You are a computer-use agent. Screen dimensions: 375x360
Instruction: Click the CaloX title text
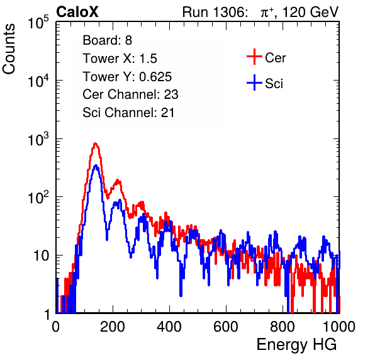coord(77,12)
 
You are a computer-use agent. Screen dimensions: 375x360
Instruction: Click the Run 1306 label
coord(215,12)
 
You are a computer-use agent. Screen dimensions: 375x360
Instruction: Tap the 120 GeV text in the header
coord(310,12)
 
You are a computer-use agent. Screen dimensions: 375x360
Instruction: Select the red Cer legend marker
coord(254,57)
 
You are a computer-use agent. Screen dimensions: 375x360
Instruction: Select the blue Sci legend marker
coord(254,82)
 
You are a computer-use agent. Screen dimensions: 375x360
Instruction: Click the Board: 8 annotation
coord(108,40)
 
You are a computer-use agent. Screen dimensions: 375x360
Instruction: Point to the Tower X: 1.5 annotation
coord(120,59)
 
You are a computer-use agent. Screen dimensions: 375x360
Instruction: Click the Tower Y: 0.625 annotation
coord(127,77)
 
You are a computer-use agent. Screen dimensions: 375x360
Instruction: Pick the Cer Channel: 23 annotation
coord(130,94)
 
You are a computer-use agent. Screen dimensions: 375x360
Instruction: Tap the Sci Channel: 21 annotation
coord(128,113)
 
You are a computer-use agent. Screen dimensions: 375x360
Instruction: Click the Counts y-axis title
coord(9,49)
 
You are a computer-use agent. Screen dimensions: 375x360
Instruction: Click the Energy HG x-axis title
coord(296,345)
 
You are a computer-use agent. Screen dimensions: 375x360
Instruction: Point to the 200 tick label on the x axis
coord(113,326)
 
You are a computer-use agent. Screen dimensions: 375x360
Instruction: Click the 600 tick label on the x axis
coord(226,326)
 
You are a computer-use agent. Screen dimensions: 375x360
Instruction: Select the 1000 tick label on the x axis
coord(339,326)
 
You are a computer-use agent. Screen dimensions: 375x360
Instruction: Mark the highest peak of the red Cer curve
coord(96,143)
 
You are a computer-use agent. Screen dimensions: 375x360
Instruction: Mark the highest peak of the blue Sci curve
coord(96,166)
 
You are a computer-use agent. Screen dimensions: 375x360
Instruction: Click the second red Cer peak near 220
coord(118,180)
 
